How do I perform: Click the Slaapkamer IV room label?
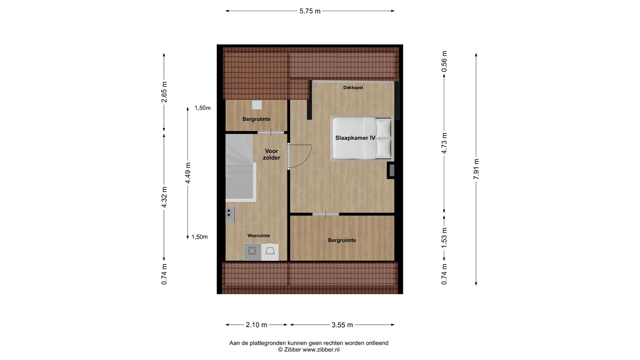(x=355, y=138)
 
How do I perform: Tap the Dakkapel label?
(x=353, y=88)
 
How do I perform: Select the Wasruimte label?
(x=259, y=236)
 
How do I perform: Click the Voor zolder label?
(x=271, y=154)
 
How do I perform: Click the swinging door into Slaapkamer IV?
(x=299, y=156)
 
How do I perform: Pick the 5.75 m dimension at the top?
(x=310, y=11)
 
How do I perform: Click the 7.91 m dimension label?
(x=476, y=169)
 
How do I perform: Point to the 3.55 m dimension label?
(x=342, y=325)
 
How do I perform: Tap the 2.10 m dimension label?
(x=256, y=325)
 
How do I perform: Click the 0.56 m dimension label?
(x=444, y=61)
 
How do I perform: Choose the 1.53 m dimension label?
(x=444, y=238)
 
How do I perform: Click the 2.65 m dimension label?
(x=164, y=92)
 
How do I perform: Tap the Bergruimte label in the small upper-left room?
(x=256, y=119)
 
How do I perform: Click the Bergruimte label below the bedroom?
(x=342, y=240)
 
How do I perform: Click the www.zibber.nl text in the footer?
(x=321, y=350)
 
